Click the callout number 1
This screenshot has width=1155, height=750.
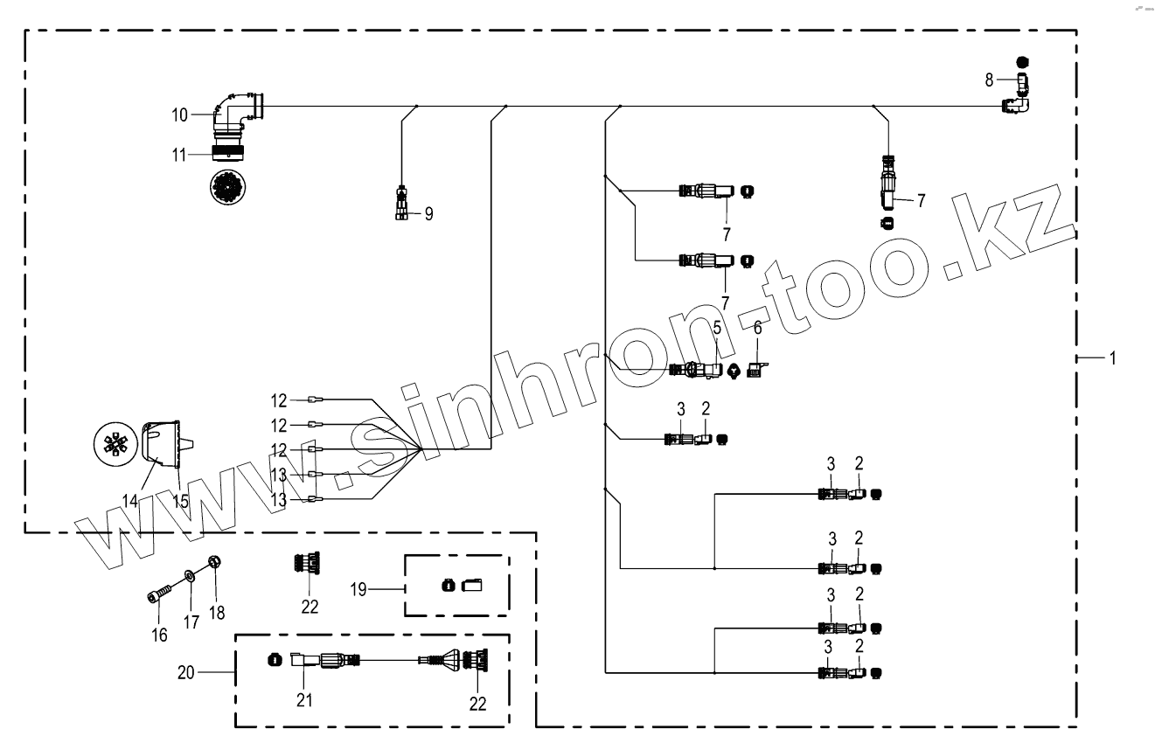pos(1112,358)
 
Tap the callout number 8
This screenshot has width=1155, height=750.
pos(989,80)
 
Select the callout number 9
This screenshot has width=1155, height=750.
pos(428,213)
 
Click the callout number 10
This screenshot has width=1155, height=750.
pos(179,115)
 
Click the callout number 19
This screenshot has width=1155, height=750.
pos(358,589)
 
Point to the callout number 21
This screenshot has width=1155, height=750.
pos(303,699)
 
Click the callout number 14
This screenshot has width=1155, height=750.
pos(129,502)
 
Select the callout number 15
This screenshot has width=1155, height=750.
pos(179,502)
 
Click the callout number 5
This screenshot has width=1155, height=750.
pos(716,329)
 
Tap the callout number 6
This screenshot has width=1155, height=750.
pos(758,328)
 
